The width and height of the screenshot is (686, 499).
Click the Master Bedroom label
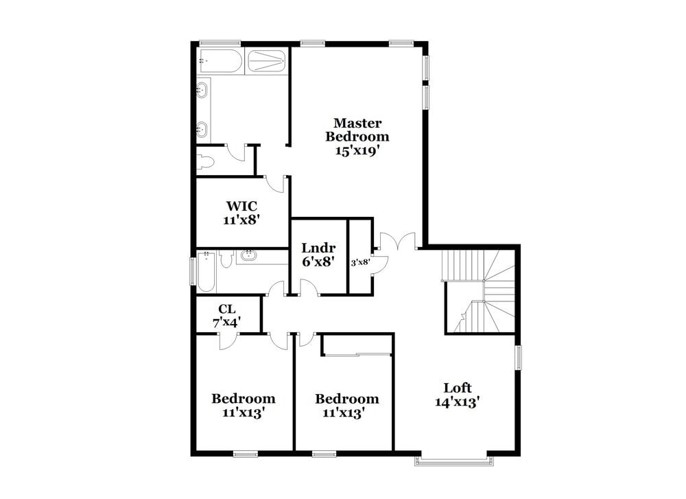click(x=357, y=130)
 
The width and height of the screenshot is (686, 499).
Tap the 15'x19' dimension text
click(x=357, y=151)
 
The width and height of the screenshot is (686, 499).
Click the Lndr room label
click(x=318, y=248)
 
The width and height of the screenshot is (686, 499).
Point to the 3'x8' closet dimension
click(x=360, y=262)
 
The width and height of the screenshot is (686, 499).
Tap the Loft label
click(x=457, y=388)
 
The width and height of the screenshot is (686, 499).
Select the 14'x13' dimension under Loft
click(x=457, y=403)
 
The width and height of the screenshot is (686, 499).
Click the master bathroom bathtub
click(x=220, y=61)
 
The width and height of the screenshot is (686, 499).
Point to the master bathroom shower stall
click(x=265, y=61)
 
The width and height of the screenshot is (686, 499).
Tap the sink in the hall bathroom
click(x=248, y=257)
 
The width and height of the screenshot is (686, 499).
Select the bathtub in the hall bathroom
click(x=206, y=269)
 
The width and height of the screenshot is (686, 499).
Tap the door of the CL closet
click(x=227, y=340)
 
